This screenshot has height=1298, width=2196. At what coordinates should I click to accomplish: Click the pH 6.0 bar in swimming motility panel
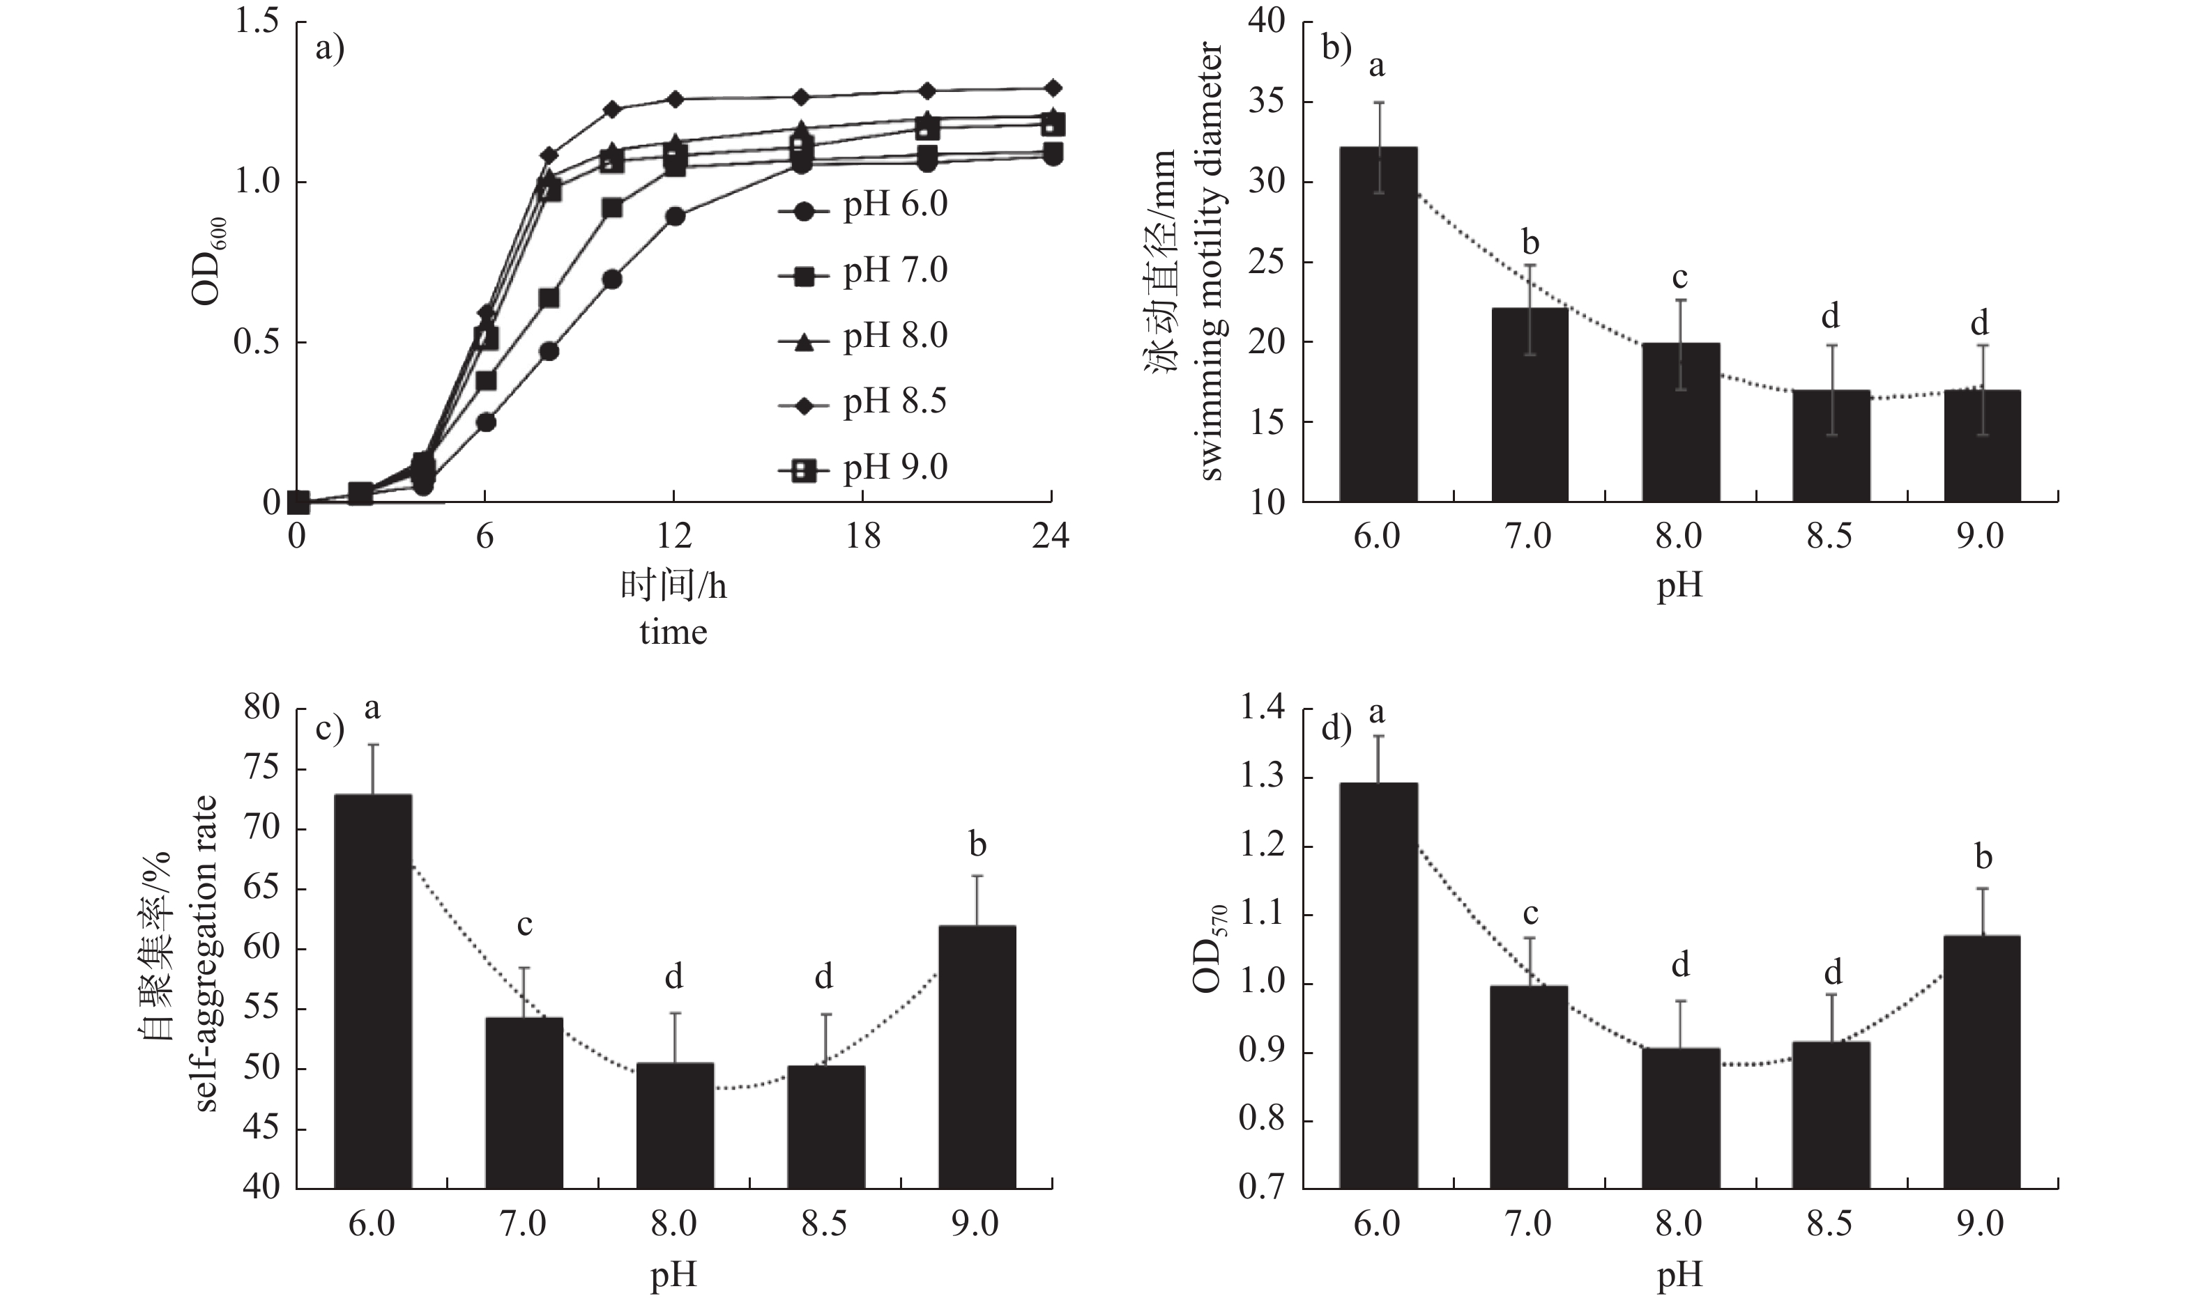point(1378,323)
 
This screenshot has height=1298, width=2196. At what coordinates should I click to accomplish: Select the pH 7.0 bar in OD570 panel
point(1530,1086)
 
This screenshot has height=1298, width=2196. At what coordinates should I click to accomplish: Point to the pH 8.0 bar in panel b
point(1680,422)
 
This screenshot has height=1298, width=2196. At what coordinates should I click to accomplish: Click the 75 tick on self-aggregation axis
point(260,768)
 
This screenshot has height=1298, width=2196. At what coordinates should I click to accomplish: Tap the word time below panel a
point(673,631)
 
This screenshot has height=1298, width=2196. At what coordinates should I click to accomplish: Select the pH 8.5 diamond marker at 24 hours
point(1053,88)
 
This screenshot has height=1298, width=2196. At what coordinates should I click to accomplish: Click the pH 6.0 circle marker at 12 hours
point(675,217)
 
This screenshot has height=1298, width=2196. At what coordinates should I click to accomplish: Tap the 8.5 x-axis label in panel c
point(824,1223)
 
